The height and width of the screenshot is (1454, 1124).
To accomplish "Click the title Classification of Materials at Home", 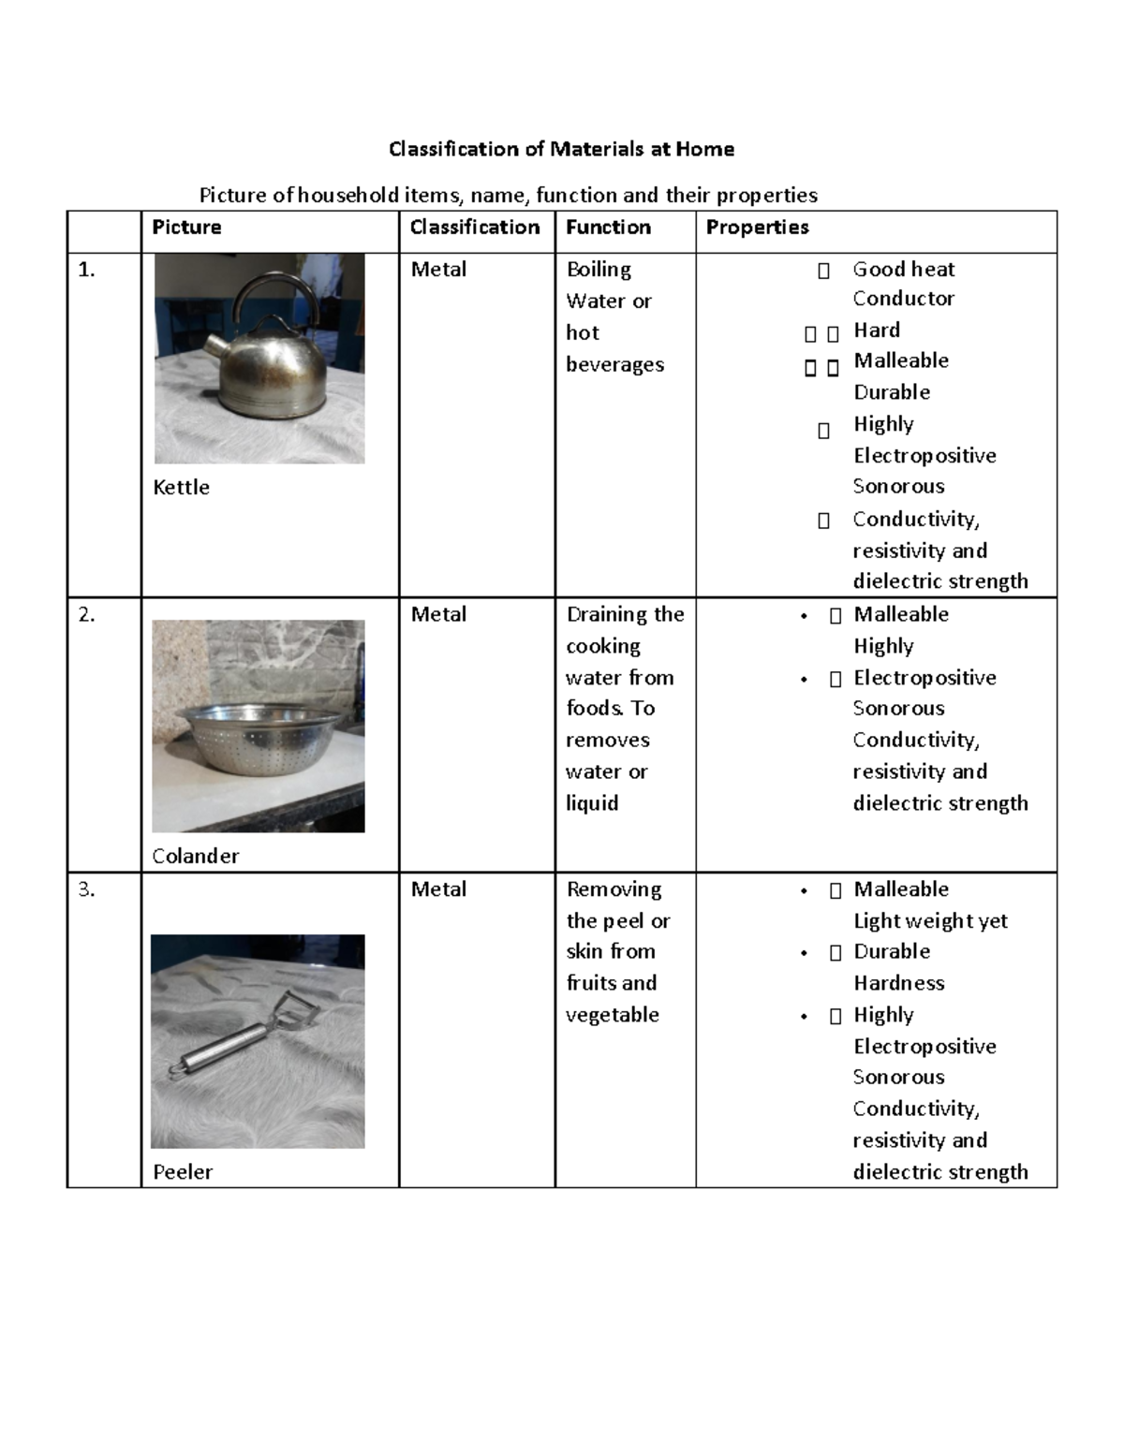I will [x=561, y=149].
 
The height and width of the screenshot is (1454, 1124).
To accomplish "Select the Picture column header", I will [x=186, y=228].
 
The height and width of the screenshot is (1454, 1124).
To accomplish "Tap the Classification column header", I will [x=475, y=228].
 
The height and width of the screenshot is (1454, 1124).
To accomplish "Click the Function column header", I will [x=608, y=228].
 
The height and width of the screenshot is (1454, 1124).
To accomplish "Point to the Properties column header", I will [x=757, y=228].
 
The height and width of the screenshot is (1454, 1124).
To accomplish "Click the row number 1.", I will [x=86, y=270].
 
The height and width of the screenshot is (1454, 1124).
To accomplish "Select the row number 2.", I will [x=86, y=615].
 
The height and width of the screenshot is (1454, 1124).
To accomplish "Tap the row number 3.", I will [x=86, y=890].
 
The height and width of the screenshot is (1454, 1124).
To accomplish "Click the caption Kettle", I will [x=181, y=488].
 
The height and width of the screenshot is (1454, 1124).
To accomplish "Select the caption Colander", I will [x=196, y=856].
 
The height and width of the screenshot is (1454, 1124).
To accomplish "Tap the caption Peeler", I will [x=183, y=1172].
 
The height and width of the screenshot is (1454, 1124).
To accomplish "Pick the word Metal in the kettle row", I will [x=438, y=270].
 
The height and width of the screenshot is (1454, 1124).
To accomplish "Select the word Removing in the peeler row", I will [x=614, y=889].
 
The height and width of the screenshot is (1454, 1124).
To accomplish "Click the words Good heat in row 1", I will [x=903, y=270].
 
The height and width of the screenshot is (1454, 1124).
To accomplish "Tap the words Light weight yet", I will [x=930, y=921].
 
